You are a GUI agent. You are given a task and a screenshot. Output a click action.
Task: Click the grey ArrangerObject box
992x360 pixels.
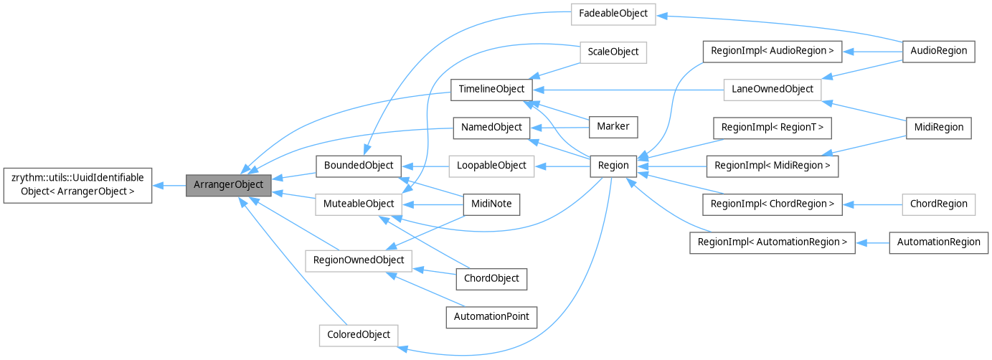(x=229, y=185)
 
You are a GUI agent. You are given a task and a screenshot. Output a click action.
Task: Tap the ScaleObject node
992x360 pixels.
(x=613, y=52)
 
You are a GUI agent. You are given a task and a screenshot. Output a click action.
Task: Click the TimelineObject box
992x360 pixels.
(x=491, y=90)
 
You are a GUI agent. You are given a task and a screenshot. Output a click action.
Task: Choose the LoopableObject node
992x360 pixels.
(x=491, y=166)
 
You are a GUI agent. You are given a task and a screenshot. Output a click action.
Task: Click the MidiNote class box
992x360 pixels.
(x=491, y=204)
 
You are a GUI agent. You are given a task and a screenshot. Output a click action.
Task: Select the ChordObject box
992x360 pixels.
(x=491, y=278)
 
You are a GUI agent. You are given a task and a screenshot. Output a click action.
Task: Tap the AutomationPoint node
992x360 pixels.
(x=491, y=316)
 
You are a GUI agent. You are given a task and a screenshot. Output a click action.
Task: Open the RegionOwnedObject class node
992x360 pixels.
(x=359, y=260)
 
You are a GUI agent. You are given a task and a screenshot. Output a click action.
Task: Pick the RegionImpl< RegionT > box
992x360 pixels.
(x=771, y=128)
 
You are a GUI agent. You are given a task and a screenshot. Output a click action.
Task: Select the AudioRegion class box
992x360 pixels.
(x=938, y=51)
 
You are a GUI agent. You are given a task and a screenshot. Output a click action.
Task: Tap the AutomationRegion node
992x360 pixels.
(x=938, y=242)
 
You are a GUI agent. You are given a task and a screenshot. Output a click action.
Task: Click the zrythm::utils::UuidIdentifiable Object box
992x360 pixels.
(x=77, y=185)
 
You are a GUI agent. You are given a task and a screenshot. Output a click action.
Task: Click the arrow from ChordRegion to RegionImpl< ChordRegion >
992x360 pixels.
(x=871, y=204)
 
